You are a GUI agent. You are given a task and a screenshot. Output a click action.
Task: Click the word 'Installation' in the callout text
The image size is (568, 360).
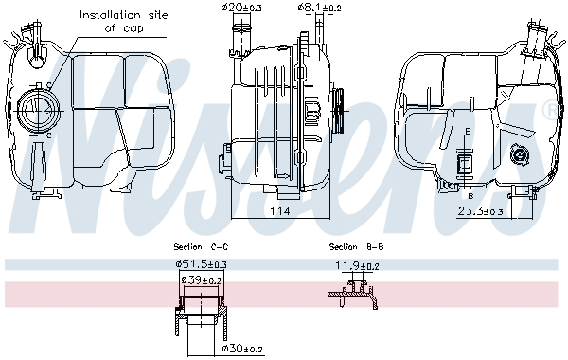[x=106, y=15]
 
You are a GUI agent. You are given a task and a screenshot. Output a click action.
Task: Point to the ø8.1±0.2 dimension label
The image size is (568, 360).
[x=320, y=8]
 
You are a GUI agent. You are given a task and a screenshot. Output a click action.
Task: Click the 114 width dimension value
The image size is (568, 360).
[x=276, y=212]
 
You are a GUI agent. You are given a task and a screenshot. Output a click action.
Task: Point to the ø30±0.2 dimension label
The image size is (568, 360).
[x=243, y=349]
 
